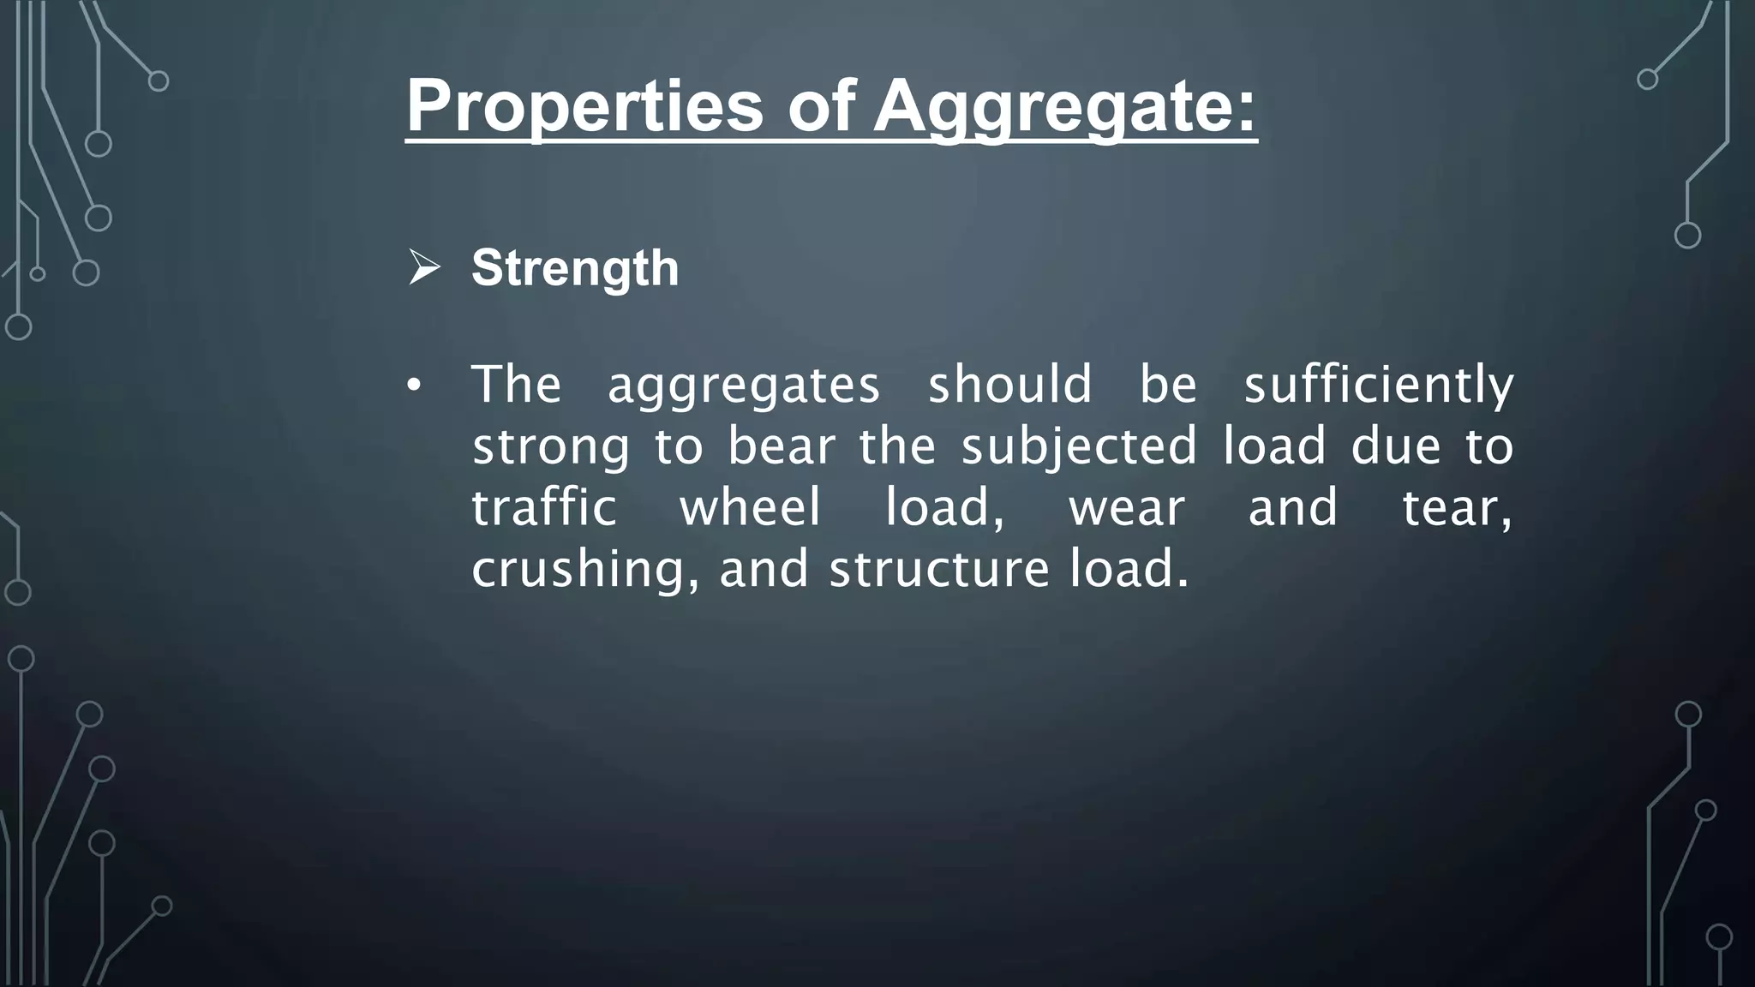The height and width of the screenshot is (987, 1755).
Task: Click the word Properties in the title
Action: coord(584,106)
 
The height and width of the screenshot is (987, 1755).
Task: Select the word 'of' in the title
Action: coord(821,106)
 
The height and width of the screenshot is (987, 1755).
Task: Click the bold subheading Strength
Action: coord(575,268)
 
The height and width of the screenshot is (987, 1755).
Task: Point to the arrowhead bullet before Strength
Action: coord(424,267)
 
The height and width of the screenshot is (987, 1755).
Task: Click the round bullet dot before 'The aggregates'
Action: coord(414,387)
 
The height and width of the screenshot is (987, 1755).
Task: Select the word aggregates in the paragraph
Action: coord(743,385)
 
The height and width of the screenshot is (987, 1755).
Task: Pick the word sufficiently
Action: coord(1379,385)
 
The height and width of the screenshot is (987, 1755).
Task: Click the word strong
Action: coord(551,447)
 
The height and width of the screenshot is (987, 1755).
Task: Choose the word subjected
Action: coord(1079,447)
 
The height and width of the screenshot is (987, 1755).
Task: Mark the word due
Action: coord(1396,446)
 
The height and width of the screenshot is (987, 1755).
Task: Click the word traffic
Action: coord(544,507)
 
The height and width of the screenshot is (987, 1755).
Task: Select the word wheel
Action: coord(751,507)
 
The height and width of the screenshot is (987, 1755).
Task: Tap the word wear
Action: coord(1126,508)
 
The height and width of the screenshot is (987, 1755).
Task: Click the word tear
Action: coord(1456,508)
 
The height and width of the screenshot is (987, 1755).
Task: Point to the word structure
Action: coord(939,570)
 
